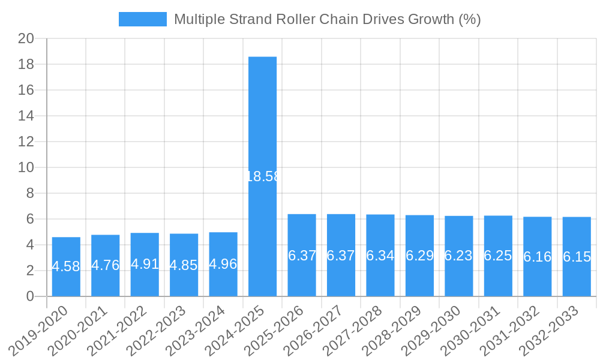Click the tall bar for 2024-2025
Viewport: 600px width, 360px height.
pyautogui.click(x=262, y=120)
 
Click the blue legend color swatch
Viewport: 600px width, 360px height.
pyautogui.click(x=143, y=19)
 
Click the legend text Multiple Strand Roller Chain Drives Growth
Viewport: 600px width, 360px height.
pyautogui.click(x=327, y=19)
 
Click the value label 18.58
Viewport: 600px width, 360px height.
pyautogui.click(x=262, y=176)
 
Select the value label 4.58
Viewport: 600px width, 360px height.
pyautogui.click(x=66, y=266)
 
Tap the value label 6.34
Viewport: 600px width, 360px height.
pyautogui.click(x=380, y=256)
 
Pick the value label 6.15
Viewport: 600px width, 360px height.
pyautogui.click(x=577, y=257)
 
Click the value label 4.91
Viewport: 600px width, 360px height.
pyautogui.click(x=145, y=264)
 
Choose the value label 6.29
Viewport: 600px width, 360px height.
pyautogui.click(x=419, y=256)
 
